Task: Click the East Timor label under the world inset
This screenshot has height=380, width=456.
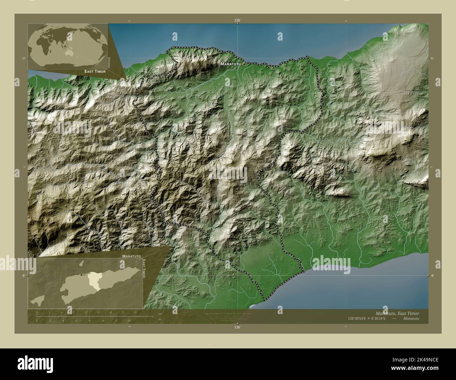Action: (95, 71)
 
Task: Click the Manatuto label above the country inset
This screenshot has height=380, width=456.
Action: (132, 256)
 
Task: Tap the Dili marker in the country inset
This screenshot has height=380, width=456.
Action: (81, 274)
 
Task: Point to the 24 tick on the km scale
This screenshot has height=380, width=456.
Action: (135, 312)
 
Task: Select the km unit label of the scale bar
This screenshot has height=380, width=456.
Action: (160, 313)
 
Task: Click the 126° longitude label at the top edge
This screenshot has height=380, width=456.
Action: (238, 21)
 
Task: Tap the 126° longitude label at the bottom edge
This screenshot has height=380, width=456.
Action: (238, 327)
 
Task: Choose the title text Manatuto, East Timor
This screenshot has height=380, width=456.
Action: (397, 313)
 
